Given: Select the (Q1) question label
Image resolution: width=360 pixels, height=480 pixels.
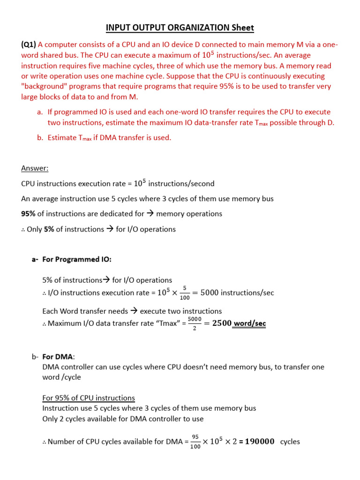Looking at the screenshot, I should (29, 45).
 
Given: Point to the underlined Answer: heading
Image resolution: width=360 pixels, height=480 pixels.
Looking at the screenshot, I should (35, 168).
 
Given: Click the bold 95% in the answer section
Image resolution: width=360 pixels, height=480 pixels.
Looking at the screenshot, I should (28, 214).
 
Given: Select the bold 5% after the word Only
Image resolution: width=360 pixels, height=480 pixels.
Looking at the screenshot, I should (49, 229).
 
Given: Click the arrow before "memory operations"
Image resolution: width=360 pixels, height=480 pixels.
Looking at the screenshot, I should (150, 214).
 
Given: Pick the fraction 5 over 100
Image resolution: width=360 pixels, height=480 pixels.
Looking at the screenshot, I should (185, 293).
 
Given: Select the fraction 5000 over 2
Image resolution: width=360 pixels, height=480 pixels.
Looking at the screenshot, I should (195, 323).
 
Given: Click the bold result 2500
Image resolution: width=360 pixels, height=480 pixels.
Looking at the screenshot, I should (222, 323).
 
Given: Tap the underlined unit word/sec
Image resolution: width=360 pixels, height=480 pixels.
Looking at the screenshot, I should (250, 323).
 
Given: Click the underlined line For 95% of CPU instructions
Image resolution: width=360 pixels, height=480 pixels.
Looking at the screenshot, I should (89, 398).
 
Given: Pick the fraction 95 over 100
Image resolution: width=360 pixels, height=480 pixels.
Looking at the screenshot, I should (195, 442).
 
